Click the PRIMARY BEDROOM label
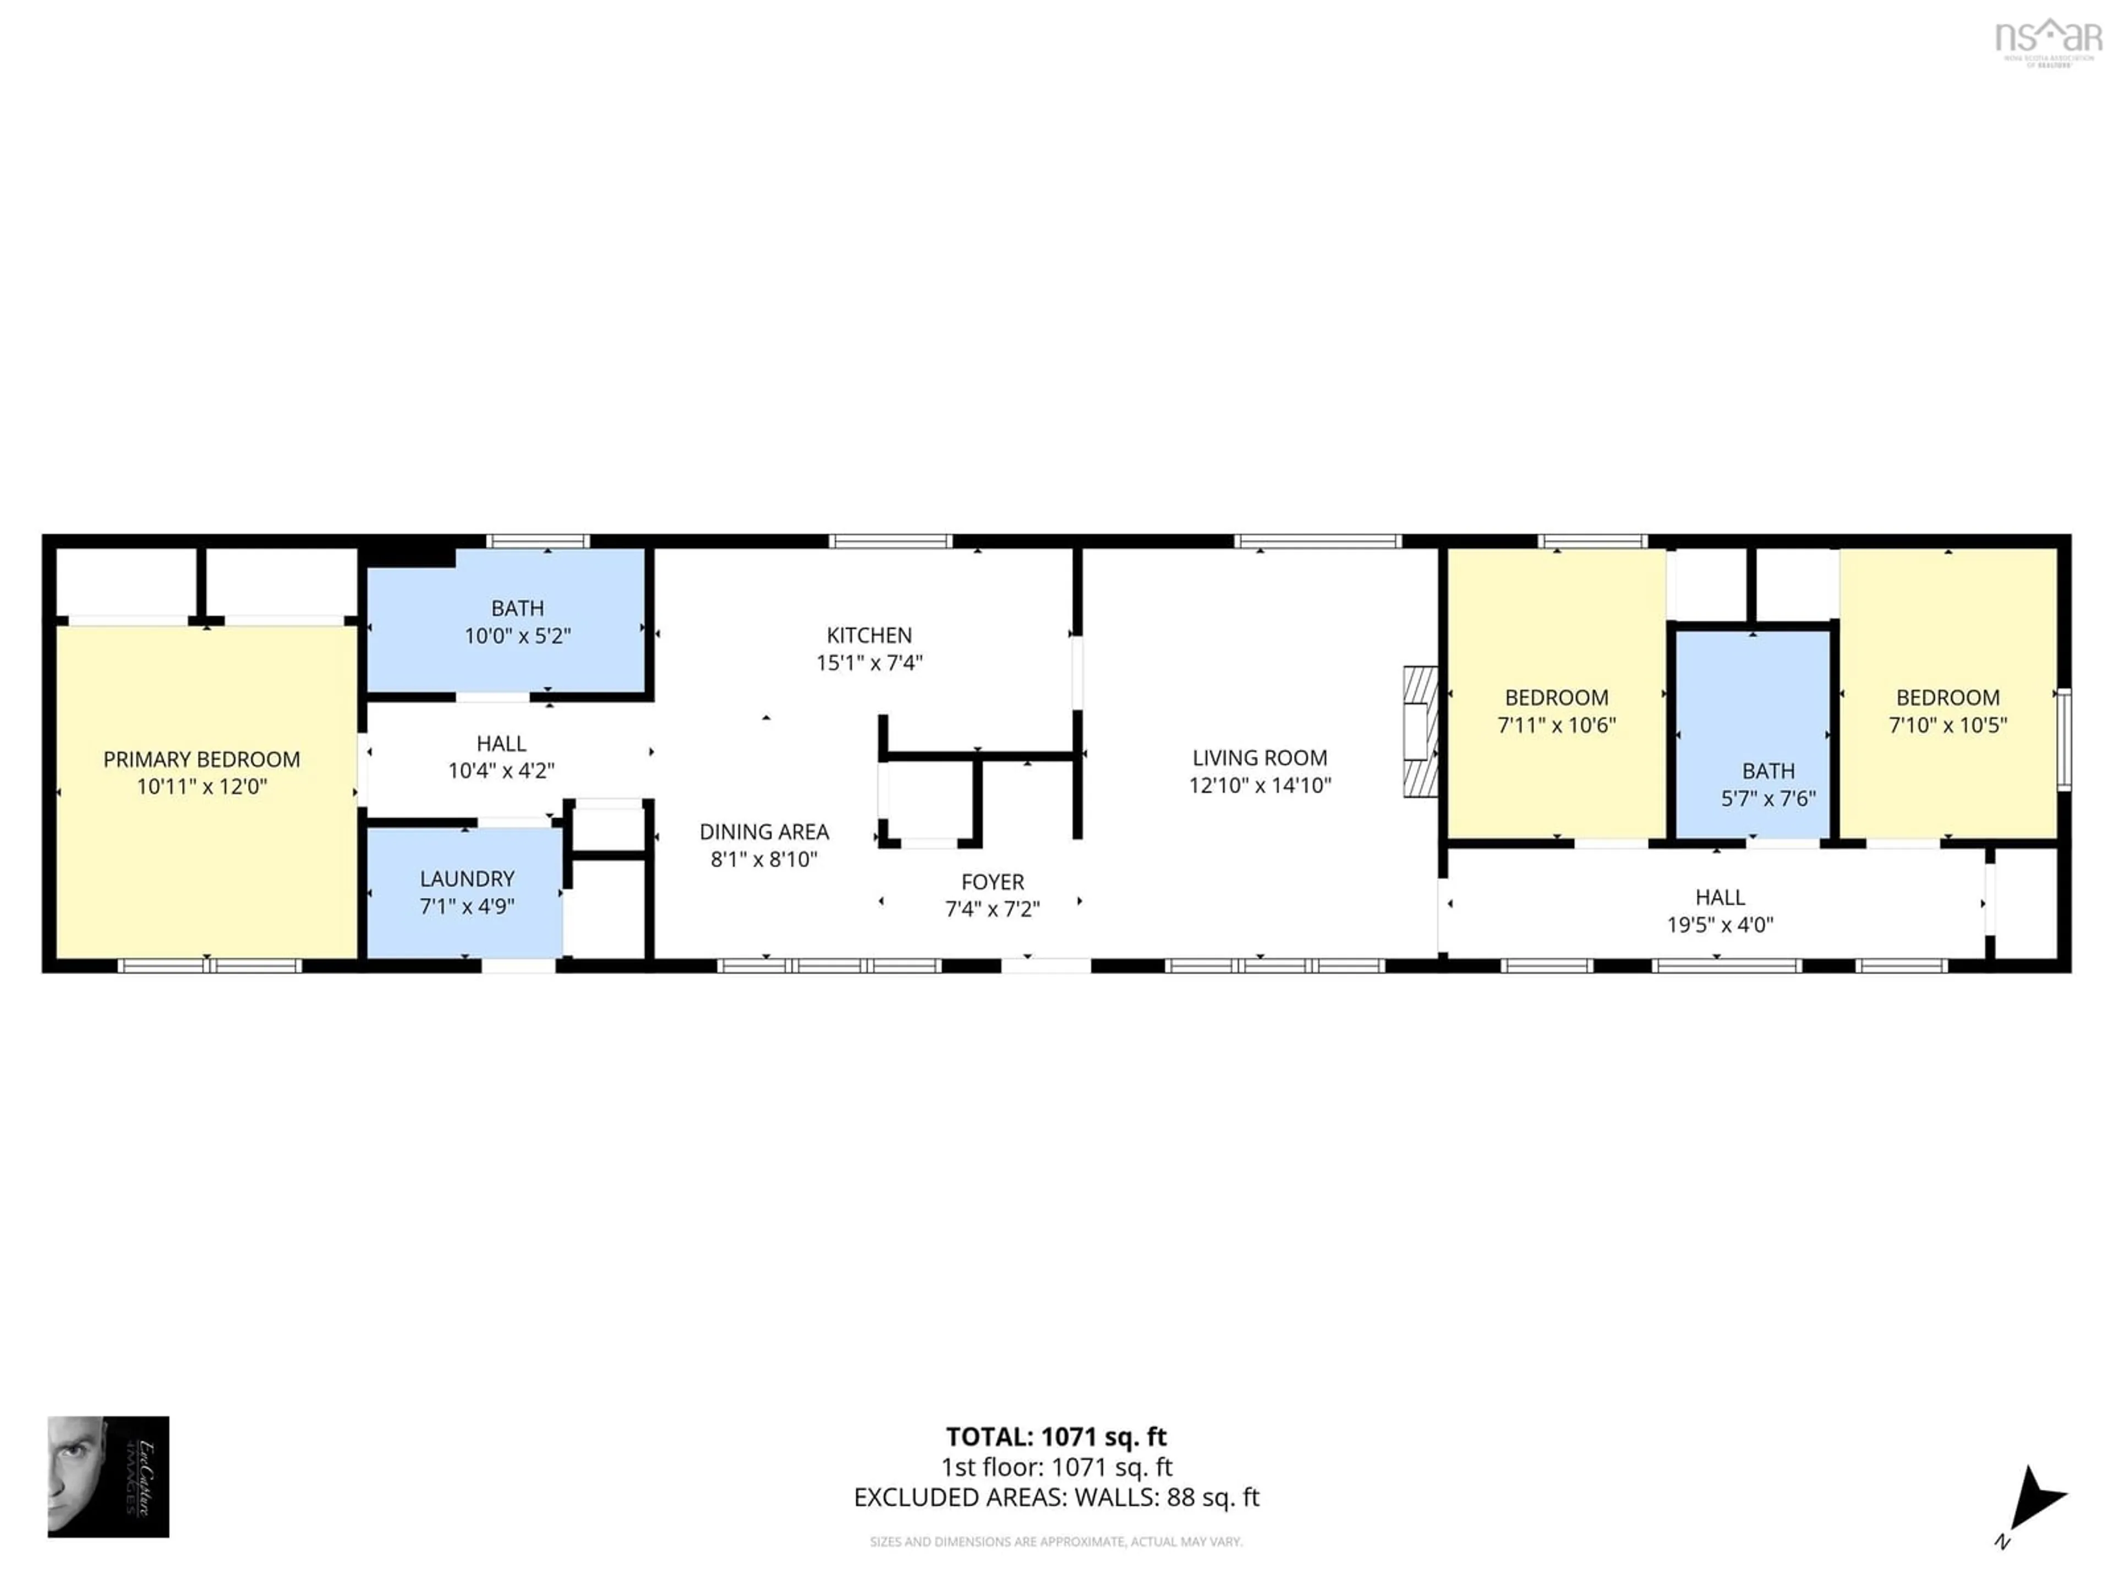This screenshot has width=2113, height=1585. [x=201, y=759]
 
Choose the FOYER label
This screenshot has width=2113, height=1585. [x=993, y=882]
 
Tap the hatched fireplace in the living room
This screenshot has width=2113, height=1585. [x=1420, y=731]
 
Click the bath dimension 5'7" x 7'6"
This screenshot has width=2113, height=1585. [x=1768, y=799]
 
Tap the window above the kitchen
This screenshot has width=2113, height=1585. [x=890, y=542]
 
